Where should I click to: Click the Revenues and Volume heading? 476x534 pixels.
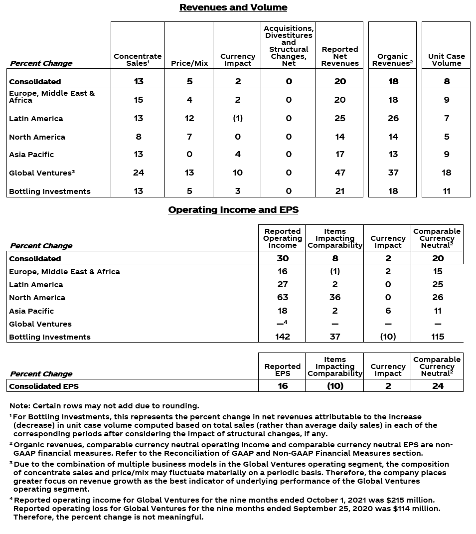point(233,7)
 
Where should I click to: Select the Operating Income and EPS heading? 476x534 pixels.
point(233,210)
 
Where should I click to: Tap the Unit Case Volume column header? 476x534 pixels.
point(446,60)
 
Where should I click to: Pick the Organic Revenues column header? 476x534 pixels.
point(392,60)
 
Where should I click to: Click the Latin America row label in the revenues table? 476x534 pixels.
point(36,119)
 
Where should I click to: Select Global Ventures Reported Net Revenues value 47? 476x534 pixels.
point(339,173)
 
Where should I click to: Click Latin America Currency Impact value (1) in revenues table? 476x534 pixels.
point(238,119)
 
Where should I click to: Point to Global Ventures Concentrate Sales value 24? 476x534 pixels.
point(138,173)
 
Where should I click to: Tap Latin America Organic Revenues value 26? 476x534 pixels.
point(393,119)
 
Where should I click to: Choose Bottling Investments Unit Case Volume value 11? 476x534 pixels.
point(446,191)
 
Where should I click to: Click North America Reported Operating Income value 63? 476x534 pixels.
point(283,297)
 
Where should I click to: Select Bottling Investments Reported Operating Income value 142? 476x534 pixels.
point(283,337)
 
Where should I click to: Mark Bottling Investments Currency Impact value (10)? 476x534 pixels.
point(388,337)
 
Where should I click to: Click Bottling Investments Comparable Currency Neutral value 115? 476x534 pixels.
point(437,337)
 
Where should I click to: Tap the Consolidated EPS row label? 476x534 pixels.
point(44,386)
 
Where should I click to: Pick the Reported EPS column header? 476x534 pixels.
point(283,370)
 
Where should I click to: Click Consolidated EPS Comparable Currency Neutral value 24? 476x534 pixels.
point(437,386)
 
